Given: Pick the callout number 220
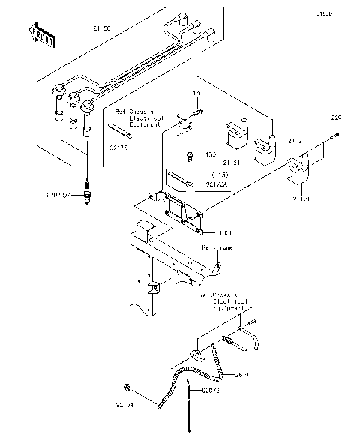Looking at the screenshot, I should [x=336, y=118].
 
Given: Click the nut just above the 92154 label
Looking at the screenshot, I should [x=130, y=388].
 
